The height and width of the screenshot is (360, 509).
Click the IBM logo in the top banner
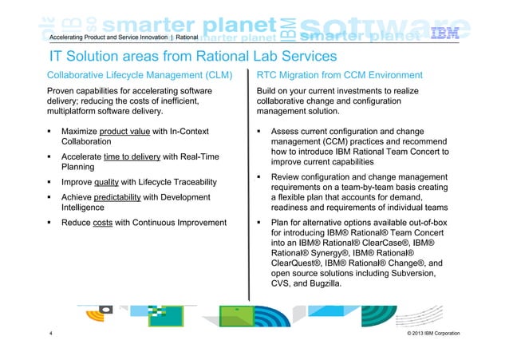coord(467,34)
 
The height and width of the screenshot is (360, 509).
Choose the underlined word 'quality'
coord(106,181)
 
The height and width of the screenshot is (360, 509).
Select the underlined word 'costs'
coord(102,223)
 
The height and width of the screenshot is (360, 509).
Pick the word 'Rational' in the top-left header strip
coord(187,38)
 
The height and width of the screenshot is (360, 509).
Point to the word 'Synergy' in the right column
coord(330,252)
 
